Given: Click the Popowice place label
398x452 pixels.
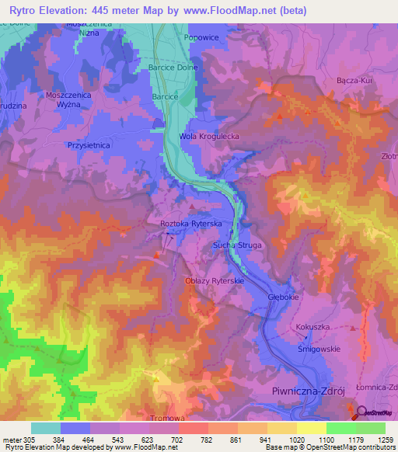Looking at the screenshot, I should click(x=198, y=37).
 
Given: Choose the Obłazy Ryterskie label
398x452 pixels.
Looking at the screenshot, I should click(x=215, y=280).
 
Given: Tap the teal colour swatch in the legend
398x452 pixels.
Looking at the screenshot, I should click(x=46, y=428).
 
